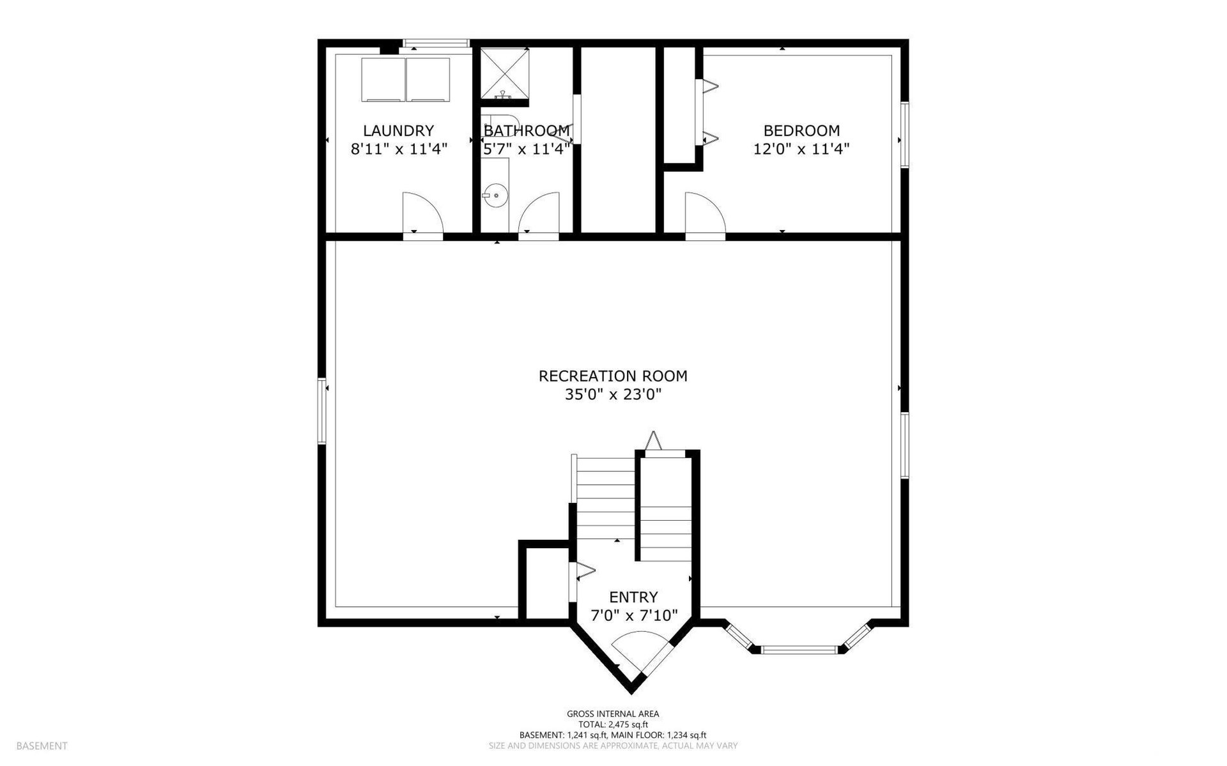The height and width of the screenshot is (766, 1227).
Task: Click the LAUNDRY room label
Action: [x=398, y=131]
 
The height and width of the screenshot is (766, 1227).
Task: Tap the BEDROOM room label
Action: [x=801, y=131]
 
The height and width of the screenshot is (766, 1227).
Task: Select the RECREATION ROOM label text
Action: [x=613, y=376]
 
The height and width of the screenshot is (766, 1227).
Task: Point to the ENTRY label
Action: [x=633, y=597]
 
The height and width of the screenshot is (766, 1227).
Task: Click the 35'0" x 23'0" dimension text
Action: [x=613, y=395]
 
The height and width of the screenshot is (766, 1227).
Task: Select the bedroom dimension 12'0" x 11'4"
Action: [x=801, y=149]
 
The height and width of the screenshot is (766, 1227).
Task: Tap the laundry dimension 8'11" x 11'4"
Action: [x=398, y=149]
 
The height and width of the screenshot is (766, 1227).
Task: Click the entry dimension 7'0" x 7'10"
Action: [x=633, y=616]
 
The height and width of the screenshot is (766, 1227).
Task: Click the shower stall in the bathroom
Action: [x=505, y=73]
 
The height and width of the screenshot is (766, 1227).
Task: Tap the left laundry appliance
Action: [x=383, y=79]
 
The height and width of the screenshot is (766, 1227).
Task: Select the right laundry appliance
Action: [x=428, y=79]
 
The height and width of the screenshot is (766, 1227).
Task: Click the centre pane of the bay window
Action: [x=799, y=650]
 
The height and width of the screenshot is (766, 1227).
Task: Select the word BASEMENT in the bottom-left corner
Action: [x=42, y=746]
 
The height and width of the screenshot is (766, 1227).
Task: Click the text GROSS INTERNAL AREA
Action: [x=613, y=714]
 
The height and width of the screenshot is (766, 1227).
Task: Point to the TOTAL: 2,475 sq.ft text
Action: [x=613, y=724]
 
